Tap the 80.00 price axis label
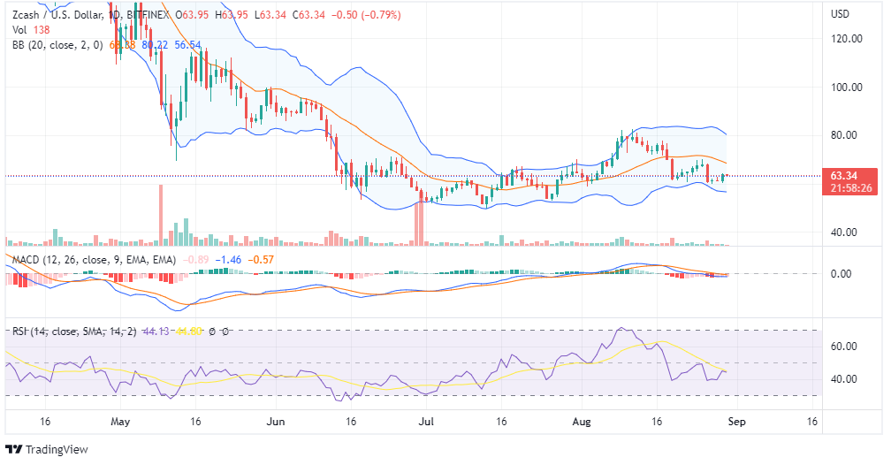848,135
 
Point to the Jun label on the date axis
278,422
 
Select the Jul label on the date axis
428,422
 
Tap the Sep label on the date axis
737,422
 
